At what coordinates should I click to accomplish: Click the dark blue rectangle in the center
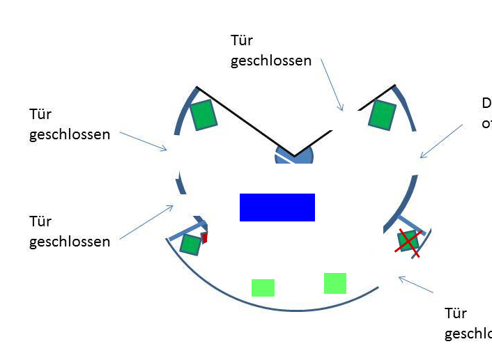[277, 208]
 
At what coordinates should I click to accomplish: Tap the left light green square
[263, 288]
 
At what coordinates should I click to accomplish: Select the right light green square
[335, 283]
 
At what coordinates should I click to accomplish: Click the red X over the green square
[408, 242]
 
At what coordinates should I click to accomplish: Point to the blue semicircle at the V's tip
[295, 155]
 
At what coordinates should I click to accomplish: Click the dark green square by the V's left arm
[203, 115]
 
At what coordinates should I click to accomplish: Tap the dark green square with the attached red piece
[190, 244]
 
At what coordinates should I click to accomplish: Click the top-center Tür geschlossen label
[270, 50]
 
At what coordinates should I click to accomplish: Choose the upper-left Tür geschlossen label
[69, 124]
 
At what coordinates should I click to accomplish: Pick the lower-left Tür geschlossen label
[69, 231]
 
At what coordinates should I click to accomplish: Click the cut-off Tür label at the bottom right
[468, 323]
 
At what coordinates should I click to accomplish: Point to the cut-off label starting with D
[486, 114]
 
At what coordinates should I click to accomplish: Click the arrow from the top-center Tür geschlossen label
[332, 84]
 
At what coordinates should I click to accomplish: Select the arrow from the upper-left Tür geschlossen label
[144, 140]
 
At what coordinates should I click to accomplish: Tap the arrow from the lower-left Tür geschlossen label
[146, 222]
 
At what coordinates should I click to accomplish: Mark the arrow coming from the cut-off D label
[441, 141]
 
